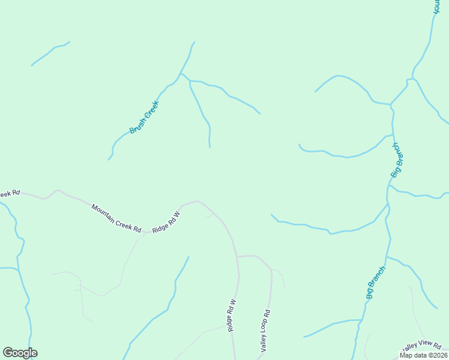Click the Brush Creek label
(x=144, y=117)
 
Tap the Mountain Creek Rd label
(x=116, y=218)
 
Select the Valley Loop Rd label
(x=265, y=331)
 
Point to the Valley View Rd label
(x=423, y=346)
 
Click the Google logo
(x=20, y=353)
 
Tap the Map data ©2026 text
(x=423, y=355)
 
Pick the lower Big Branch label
(x=375, y=283)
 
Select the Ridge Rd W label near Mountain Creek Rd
(x=166, y=222)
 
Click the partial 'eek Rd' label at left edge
(x=10, y=193)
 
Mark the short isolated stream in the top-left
(x=50, y=53)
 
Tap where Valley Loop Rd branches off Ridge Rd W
(x=238, y=257)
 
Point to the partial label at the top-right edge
(x=436, y=7)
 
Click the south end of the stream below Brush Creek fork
(x=209, y=146)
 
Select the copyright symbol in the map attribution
(x=430, y=355)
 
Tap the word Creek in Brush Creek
(x=151, y=109)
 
